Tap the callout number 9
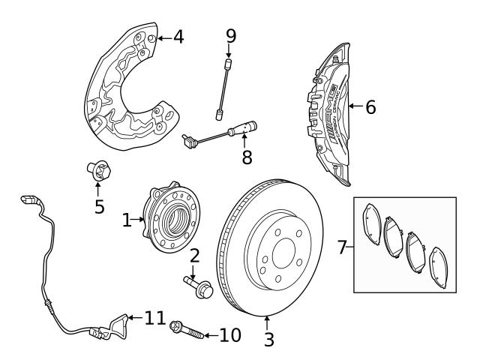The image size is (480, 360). click(231, 34)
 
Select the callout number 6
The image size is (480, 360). click(370, 106)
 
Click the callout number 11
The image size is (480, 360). click(154, 319)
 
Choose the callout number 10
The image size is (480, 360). click(230, 334)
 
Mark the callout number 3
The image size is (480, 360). click(268, 339)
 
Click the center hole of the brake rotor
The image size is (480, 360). click(283, 253)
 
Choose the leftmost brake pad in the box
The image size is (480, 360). click(370, 224)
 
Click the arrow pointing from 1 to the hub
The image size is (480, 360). click(138, 220)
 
